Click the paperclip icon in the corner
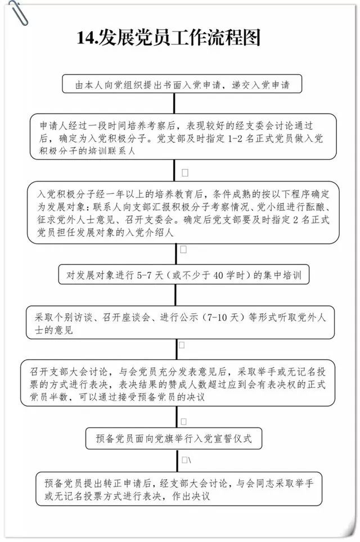[19, 13]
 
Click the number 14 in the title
[85, 38]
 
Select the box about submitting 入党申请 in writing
[182, 84]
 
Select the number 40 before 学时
[218, 275]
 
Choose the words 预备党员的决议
[175, 397]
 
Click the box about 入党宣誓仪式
[174, 439]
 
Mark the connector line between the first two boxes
[174, 103]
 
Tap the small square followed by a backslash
[186, 460]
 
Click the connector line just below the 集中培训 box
[175, 295]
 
